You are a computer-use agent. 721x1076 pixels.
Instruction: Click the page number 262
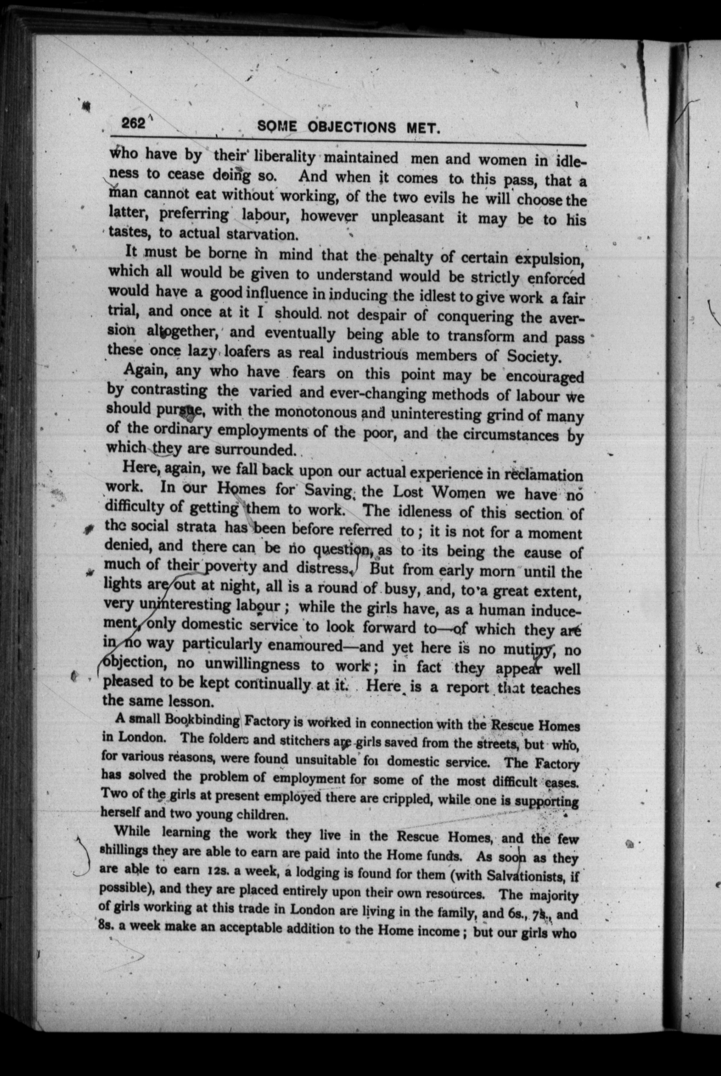pos(133,123)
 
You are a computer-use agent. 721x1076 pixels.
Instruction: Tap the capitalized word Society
pos(533,356)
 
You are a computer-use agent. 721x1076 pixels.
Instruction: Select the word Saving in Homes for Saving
pos(329,490)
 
